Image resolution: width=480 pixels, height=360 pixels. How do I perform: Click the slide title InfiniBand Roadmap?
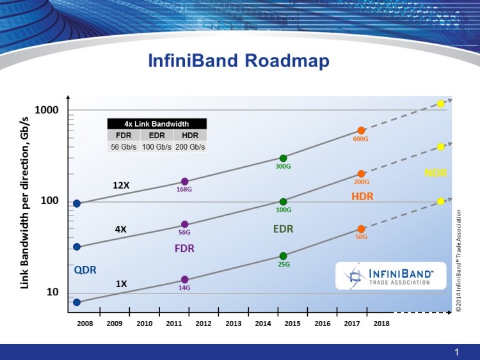(x=239, y=61)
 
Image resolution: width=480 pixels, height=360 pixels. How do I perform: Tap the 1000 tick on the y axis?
(x=47, y=110)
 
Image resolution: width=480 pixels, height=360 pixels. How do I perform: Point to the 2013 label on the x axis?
(x=233, y=324)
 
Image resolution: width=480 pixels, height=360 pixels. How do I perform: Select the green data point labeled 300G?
(x=283, y=158)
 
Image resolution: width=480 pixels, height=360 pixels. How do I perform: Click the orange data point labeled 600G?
(x=361, y=130)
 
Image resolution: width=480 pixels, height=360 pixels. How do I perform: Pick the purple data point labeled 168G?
(x=185, y=182)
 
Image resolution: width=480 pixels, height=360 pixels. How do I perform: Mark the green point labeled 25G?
(x=283, y=256)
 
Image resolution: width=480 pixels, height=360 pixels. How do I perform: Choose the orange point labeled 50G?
(x=361, y=229)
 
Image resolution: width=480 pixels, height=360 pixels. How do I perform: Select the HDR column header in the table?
(x=190, y=136)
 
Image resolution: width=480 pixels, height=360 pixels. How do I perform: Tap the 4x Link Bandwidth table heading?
(x=156, y=123)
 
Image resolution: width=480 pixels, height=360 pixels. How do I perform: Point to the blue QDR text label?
(x=85, y=270)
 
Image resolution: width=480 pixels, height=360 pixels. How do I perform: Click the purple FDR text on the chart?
(x=184, y=248)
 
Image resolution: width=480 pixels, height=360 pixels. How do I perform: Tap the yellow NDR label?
(x=435, y=173)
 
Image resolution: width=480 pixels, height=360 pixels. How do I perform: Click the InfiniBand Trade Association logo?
(x=390, y=276)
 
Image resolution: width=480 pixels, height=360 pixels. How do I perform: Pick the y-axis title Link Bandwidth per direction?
(x=26, y=198)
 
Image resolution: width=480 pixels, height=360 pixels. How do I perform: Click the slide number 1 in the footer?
(x=457, y=352)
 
